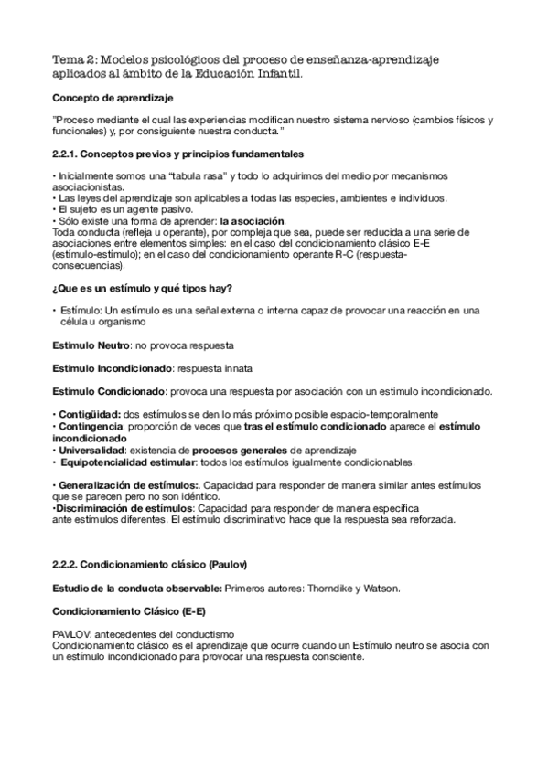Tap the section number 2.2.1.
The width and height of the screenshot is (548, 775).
tap(65, 154)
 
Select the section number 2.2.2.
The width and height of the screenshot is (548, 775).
tap(65, 562)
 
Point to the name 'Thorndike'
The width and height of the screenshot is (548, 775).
tap(322, 587)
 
